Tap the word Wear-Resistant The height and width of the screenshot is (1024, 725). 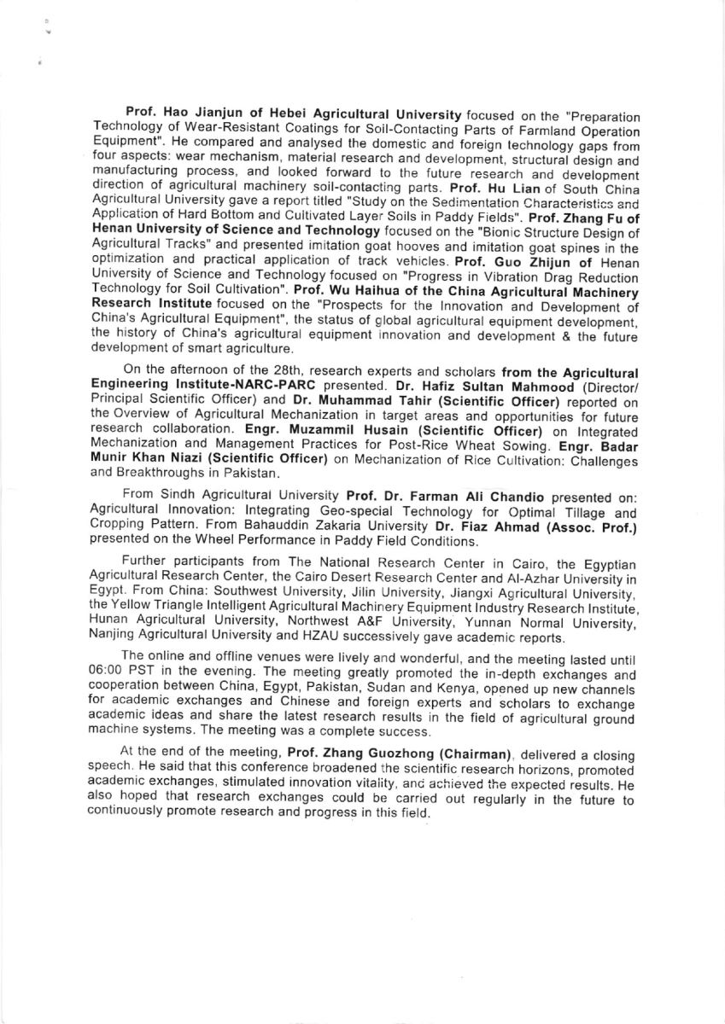(x=213, y=126)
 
